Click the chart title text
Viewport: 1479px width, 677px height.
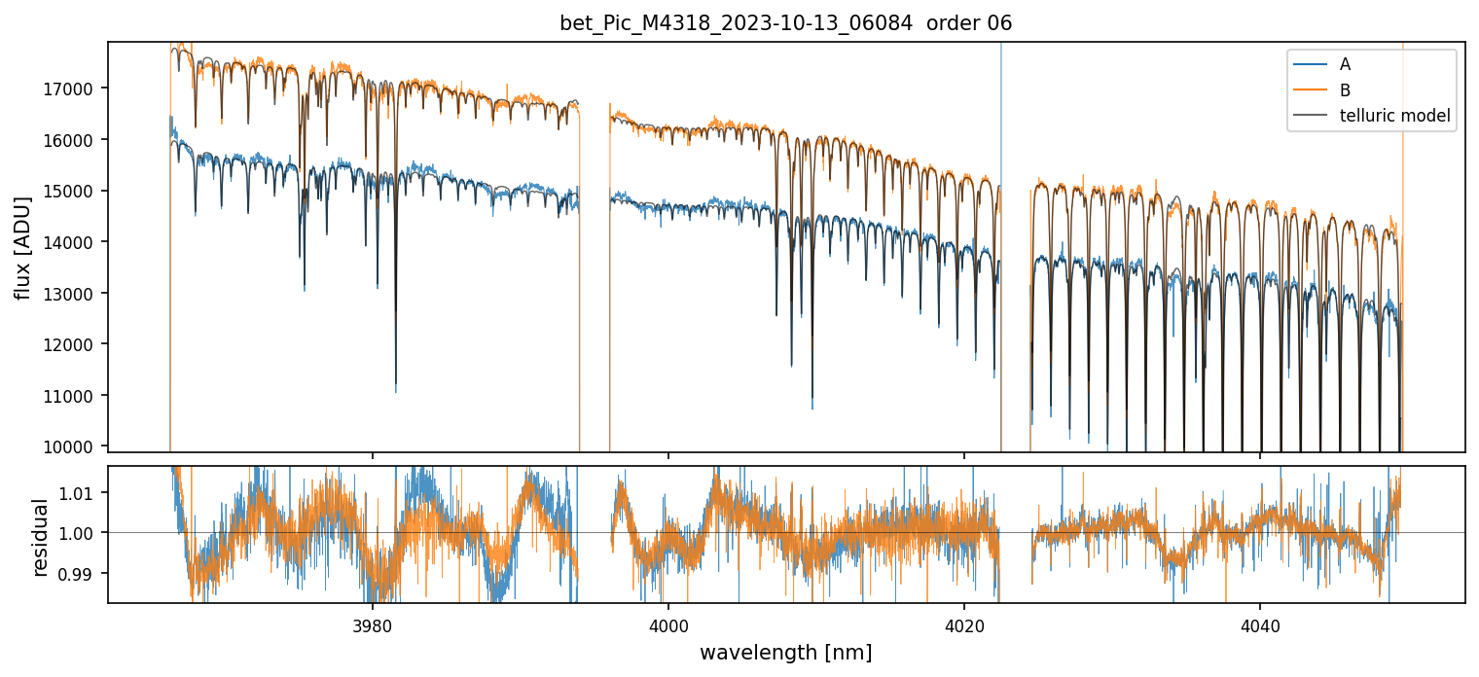click(x=785, y=23)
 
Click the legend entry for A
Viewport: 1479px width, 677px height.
click(x=1345, y=65)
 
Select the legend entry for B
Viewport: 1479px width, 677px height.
click(x=1345, y=90)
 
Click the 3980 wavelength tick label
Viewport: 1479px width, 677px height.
click(x=373, y=623)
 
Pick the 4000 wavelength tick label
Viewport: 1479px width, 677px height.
click(x=668, y=623)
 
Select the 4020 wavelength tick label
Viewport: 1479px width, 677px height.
click(x=964, y=623)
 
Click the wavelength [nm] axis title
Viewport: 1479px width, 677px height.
click(x=785, y=652)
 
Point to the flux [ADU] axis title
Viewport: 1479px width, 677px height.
click(x=22, y=247)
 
